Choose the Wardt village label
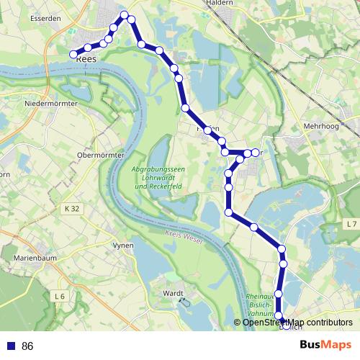pos(174,294)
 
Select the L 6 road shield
pos(59,296)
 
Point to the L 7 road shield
pos(351,225)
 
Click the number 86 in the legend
pos(27,346)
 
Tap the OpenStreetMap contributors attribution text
pos(297,322)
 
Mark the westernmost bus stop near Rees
pos(73,54)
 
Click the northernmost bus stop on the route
pos(125,14)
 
